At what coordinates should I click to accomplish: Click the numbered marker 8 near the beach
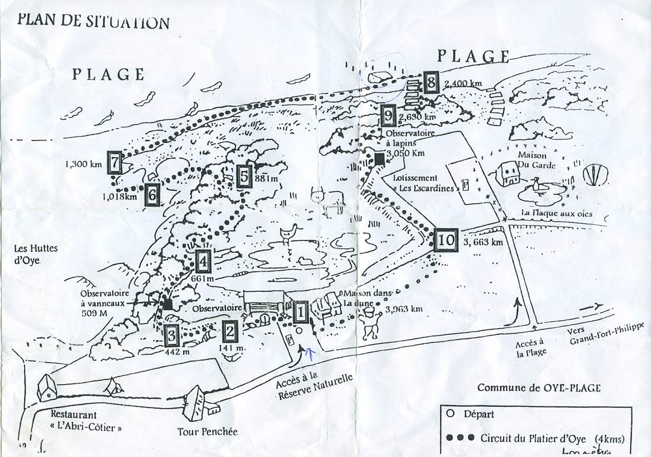click(430, 83)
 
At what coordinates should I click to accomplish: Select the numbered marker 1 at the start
click(300, 313)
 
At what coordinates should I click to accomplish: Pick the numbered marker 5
click(244, 176)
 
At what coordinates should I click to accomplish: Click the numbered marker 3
click(171, 335)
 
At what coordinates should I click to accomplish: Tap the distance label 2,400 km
click(463, 85)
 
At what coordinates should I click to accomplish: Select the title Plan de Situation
click(94, 22)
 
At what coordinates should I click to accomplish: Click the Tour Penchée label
click(208, 432)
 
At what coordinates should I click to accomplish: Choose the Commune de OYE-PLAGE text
click(538, 388)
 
